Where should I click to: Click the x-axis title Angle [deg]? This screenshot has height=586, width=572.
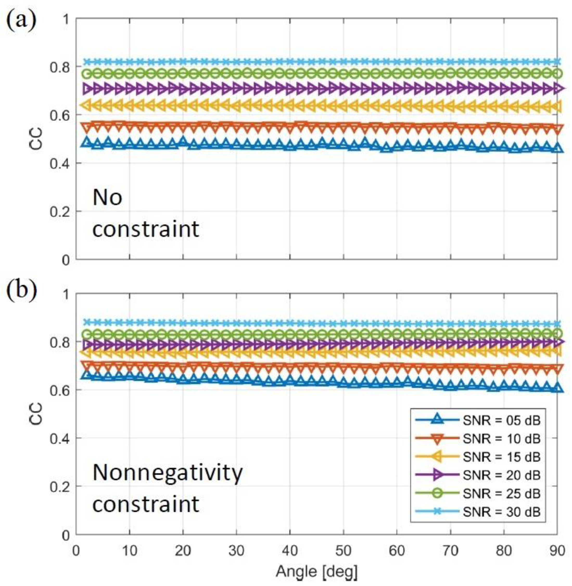317,571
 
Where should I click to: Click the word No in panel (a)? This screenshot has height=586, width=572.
107,197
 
